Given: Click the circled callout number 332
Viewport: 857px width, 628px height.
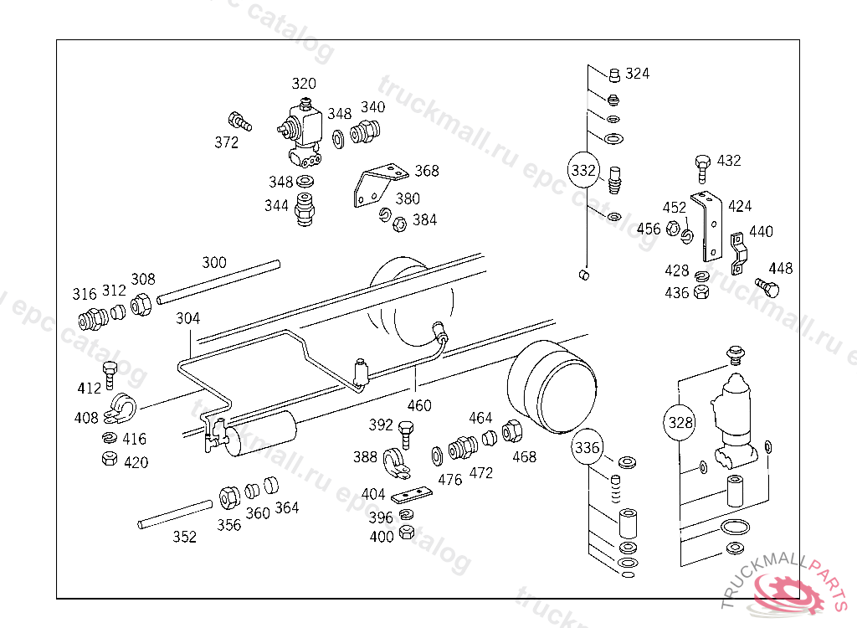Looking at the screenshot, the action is coord(583,170).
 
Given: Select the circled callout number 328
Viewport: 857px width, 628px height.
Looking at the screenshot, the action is coord(680,422).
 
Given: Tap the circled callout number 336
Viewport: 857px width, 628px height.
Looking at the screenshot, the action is coord(587,447).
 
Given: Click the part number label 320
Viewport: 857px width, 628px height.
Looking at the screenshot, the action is coord(303,83).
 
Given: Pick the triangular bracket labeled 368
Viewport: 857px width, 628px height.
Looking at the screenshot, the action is coord(379,185).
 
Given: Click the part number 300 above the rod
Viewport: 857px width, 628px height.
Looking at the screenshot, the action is coord(213,263).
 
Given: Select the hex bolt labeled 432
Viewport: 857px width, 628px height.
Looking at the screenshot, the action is coord(703,168).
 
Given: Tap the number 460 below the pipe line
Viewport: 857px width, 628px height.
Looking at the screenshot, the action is coord(419,405).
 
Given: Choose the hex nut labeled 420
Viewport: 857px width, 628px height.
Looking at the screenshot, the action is coord(110,458).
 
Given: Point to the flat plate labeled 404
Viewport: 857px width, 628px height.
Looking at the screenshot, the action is coord(412,494).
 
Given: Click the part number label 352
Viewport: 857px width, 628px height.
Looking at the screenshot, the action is coord(184,537).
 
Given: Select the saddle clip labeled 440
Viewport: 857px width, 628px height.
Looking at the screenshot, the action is coord(738,253).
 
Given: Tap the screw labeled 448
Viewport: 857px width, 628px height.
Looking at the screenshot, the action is coord(767,287).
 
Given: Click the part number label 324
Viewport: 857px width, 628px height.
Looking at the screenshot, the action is coord(637,74).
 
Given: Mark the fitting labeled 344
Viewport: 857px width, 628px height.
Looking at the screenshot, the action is coord(305,209).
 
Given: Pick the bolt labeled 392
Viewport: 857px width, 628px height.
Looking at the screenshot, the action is coord(406,435).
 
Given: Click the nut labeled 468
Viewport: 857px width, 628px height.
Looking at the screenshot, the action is coord(511,431).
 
